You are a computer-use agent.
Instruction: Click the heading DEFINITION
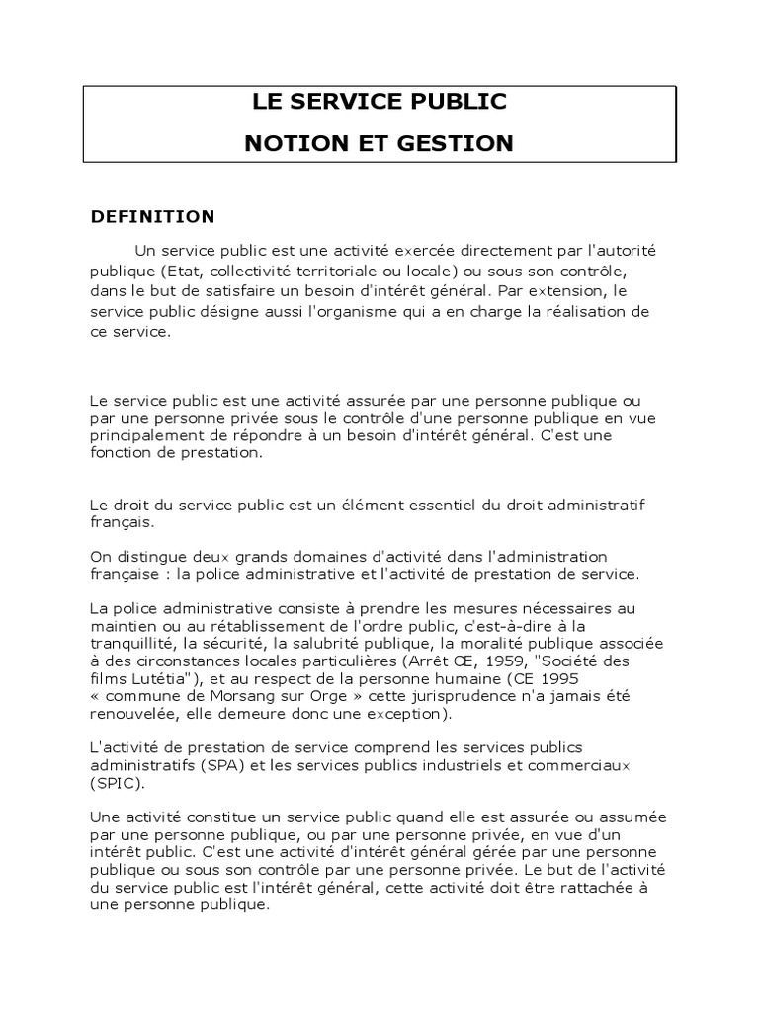(x=152, y=216)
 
